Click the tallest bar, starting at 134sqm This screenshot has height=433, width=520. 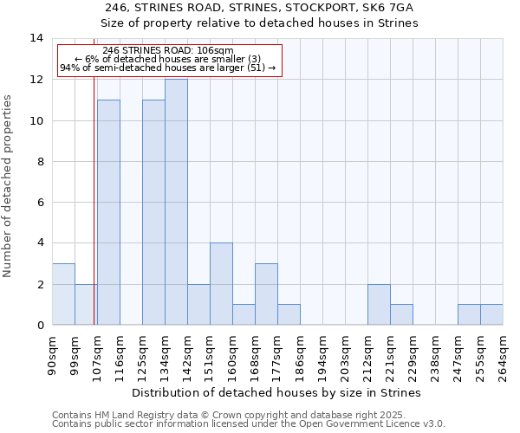176,202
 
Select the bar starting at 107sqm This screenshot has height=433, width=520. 108,212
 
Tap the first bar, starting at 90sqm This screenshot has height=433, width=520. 63,294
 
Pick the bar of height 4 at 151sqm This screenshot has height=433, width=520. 221,284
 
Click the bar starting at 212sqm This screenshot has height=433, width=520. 379,305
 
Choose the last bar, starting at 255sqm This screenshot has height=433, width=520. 491,315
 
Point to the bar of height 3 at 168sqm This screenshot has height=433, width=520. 266,294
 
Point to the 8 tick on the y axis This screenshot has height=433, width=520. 40,161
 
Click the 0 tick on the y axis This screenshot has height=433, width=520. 40,326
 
